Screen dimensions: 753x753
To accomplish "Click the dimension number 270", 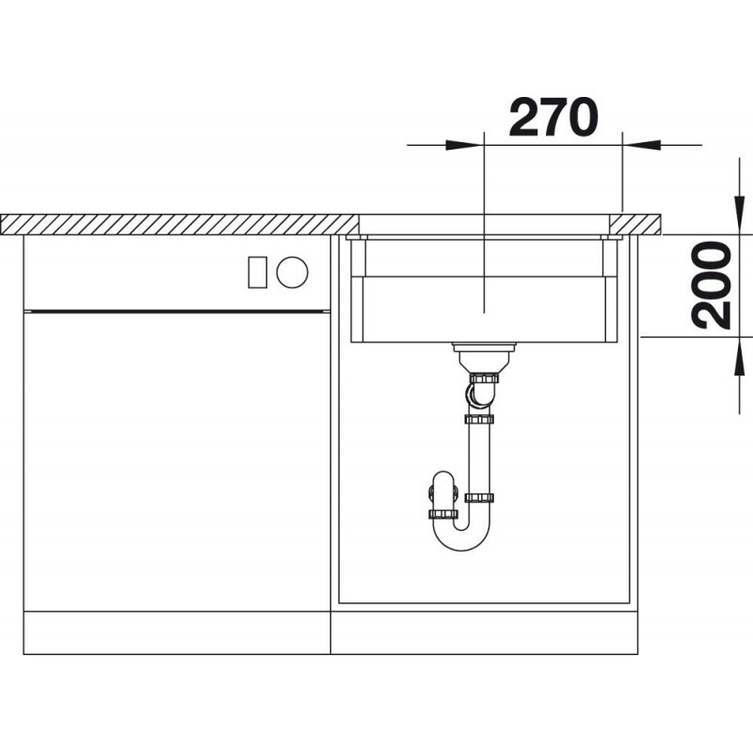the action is tap(553, 117).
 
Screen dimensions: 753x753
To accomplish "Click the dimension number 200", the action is tap(712, 285).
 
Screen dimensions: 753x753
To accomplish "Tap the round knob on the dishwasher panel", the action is tap(292, 272).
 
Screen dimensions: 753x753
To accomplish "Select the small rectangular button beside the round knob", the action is tap(257, 272).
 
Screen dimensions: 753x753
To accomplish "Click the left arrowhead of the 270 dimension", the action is tap(464, 145).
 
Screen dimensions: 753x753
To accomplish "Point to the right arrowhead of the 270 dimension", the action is tap(642, 145).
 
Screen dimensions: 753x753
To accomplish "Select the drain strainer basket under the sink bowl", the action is tap(484, 358).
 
